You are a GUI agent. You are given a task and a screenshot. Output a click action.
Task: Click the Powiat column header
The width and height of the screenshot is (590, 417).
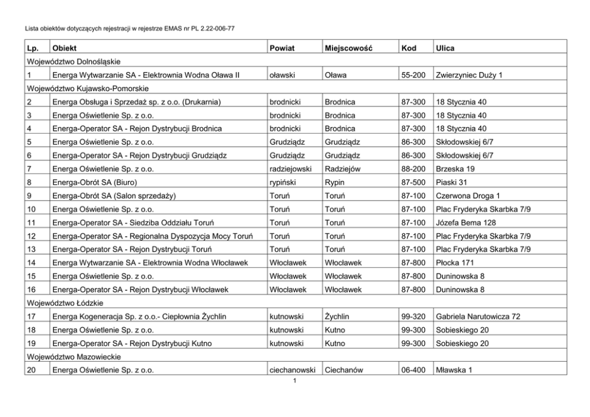pyautogui.click(x=283, y=47)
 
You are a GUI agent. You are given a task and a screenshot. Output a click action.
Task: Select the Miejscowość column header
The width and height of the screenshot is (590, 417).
pyautogui.click(x=349, y=47)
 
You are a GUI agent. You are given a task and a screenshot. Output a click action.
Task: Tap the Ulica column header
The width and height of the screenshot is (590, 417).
pyautogui.click(x=445, y=47)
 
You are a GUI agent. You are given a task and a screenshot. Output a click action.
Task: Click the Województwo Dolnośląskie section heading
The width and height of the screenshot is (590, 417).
pyautogui.click(x=75, y=61)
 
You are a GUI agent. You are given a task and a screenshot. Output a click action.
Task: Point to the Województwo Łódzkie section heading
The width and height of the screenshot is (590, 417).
pyautogui.click(x=63, y=303)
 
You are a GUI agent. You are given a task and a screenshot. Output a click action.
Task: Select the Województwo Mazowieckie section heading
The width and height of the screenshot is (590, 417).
pyautogui.click(x=73, y=357)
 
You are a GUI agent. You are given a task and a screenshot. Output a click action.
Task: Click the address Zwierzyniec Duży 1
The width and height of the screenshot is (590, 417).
pyautogui.click(x=469, y=75)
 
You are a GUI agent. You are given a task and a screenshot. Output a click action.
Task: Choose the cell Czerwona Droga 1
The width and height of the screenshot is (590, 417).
pyautogui.click(x=467, y=195)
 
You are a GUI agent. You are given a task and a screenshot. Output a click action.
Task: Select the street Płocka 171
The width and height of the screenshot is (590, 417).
pyautogui.click(x=456, y=262)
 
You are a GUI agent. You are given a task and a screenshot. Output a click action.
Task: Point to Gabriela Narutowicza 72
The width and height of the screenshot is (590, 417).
pyautogui.click(x=478, y=316)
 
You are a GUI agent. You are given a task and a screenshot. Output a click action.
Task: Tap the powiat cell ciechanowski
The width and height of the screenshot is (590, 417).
pyautogui.click(x=292, y=371)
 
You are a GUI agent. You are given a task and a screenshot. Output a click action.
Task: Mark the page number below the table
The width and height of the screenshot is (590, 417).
pyautogui.click(x=294, y=381)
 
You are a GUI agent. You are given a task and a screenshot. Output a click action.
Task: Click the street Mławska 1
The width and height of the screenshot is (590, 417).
pyautogui.click(x=454, y=371)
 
